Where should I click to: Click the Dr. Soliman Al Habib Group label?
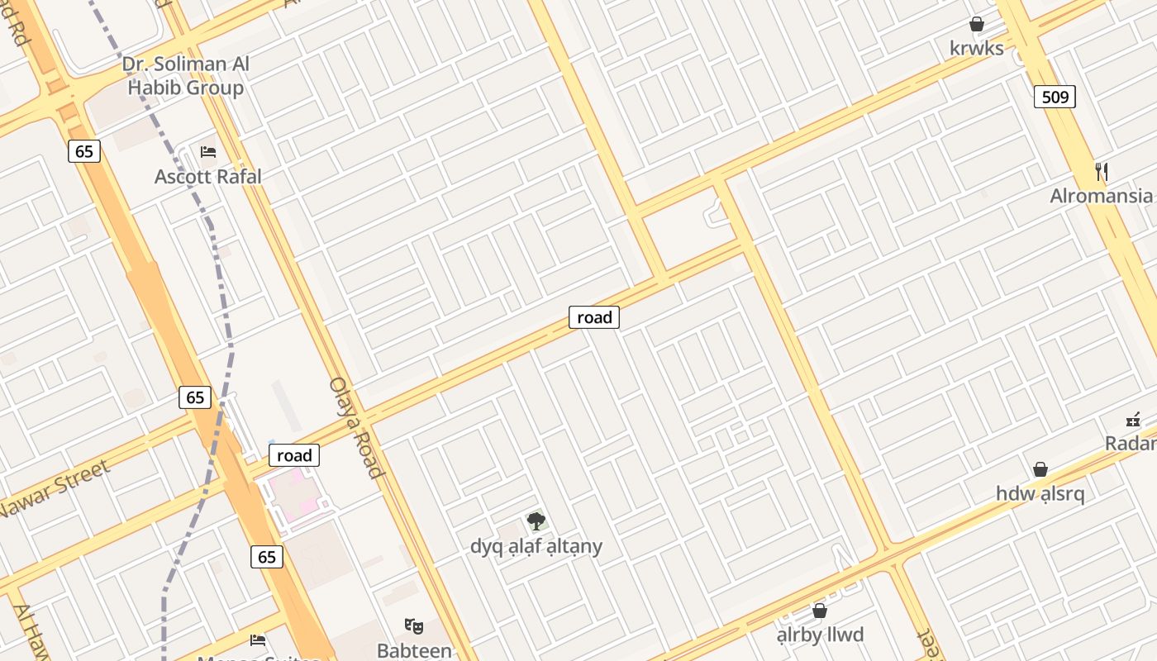(x=186, y=76)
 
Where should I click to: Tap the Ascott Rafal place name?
(x=208, y=176)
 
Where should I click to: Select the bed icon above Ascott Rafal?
(x=208, y=152)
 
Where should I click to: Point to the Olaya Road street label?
(x=357, y=427)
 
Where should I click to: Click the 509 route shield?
(x=1055, y=97)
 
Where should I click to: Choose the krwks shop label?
(x=977, y=48)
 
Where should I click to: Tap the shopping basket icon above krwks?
(x=977, y=24)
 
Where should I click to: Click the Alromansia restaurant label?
(x=1101, y=196)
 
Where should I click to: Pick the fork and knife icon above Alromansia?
(x=1101, y=172)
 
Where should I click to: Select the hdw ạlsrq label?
(x=1040, y=493)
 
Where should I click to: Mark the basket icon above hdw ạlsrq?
(x=1040, y=469)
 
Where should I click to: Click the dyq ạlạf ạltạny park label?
(x=536, y=546)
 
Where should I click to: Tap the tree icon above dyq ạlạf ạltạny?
(x=536, y=521)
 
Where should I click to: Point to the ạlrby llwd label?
(x=820, y=635)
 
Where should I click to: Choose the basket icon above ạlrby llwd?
(x=820, y=611)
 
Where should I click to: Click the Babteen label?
(x=414, y=650)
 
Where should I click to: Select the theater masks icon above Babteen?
(x=414, y=626)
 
